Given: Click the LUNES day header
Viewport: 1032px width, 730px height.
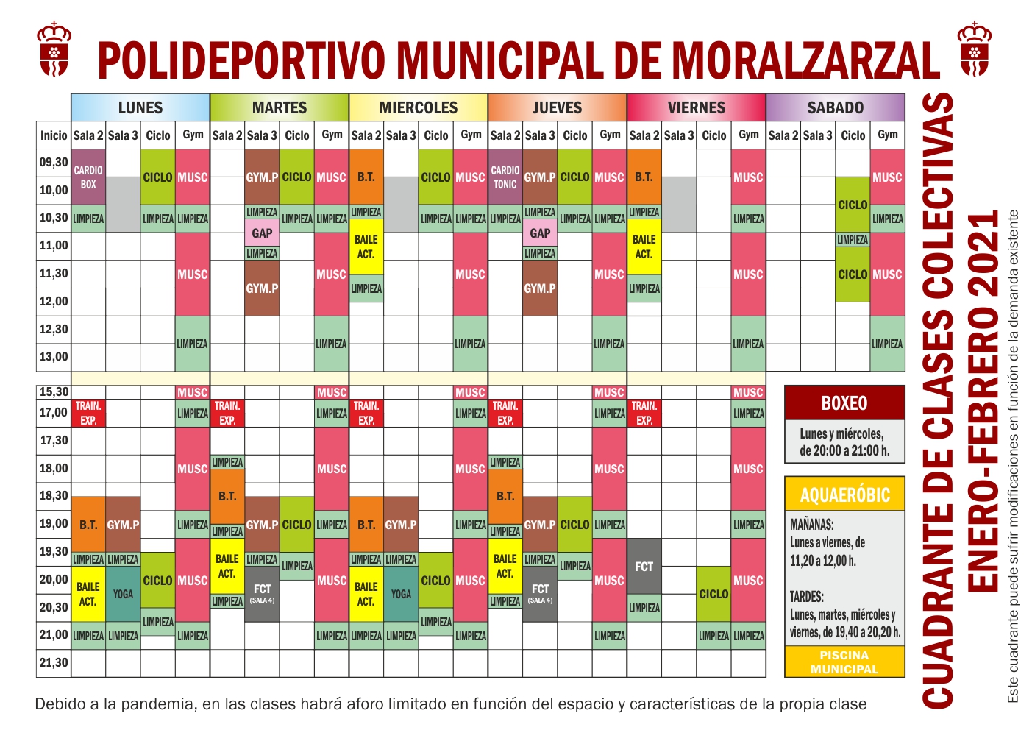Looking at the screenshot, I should (140, 107).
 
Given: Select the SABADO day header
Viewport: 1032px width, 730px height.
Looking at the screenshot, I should (835, 107).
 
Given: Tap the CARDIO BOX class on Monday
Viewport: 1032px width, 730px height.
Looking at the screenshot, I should (88, 177).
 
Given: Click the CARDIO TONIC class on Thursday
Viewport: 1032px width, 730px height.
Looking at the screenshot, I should (505, 177).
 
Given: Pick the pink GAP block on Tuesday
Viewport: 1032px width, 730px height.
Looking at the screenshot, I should (262, 233).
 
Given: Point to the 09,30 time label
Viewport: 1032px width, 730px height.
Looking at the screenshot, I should (54, 163).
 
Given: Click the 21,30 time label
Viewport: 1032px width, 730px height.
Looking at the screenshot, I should (54, 663).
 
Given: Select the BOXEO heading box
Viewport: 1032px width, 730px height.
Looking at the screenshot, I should (844, 403).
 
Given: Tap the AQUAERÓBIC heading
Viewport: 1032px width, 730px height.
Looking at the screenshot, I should (844, 495).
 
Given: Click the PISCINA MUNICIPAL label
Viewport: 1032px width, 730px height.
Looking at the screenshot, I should (844, 662).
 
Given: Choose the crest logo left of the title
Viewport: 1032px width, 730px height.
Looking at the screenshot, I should (54, 50).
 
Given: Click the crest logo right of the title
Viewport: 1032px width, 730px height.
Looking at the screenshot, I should (975, 50).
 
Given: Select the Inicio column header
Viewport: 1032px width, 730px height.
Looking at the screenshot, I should (54, 135).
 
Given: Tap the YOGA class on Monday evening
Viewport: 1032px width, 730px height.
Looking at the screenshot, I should (123, 594).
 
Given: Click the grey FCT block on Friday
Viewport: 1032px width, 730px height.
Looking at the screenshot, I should (644, 566).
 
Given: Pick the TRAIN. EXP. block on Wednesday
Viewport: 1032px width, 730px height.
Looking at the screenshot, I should (366, 413).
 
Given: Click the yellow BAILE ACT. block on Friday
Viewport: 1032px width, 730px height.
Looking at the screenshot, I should (644, 247).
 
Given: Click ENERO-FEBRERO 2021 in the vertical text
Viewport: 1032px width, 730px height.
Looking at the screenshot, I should (983, 401).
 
